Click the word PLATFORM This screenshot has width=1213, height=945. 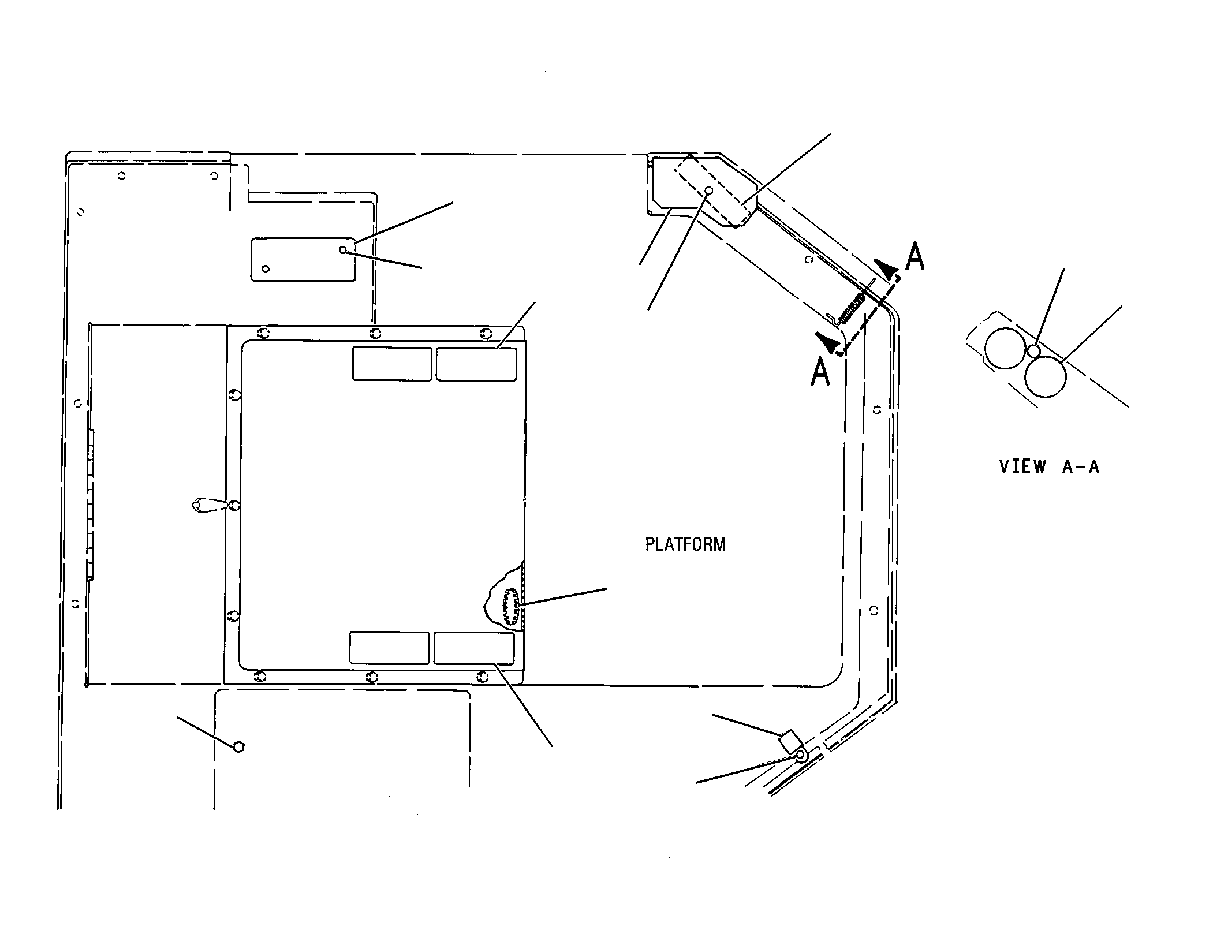[x=685, y=544]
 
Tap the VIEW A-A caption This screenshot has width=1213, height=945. [x=1050, y=466]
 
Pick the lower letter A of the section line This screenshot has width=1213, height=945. [x=820, y=371]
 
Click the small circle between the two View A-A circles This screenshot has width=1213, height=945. [x=1034, y=351]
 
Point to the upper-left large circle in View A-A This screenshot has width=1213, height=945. [x=1005, y=348]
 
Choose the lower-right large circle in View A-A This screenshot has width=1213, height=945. [x=1046, y=376]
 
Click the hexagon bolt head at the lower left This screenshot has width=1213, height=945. [x=239, y=746]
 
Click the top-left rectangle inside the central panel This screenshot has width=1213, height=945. [x=392, y=364]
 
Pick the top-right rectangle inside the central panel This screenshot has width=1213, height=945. [x=476, y=364]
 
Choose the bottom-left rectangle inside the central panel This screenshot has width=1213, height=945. [x=390, y=648]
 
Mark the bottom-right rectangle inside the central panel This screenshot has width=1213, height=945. [x=474, y=648]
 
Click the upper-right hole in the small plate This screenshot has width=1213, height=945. [x=343, y=250]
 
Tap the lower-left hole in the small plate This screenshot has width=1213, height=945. [x=266, y=269]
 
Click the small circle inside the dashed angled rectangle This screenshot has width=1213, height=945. [x=710, y=191]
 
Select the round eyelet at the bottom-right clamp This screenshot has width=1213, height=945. [x=801, y=754]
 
